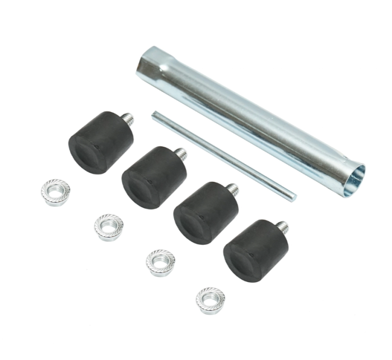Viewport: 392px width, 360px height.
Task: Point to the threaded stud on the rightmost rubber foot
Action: [x=283, y=227]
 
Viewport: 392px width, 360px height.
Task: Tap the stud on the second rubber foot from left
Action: [x=180, y=153]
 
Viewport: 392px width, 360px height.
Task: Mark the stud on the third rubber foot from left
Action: [x=232, y=189]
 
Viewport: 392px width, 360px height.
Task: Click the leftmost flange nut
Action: [x=55, y=193]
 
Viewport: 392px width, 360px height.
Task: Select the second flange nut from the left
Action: [x=109, y=227]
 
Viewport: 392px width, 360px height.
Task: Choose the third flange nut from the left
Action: [x=160, y=263]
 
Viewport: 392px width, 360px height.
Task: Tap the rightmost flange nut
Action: [x=211, y=300]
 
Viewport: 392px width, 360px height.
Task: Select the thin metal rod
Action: [x=224, y=155]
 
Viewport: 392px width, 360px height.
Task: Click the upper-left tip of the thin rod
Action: [x=155, y=114]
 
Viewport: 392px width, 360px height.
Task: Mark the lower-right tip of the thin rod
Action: [x=293, y=197]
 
